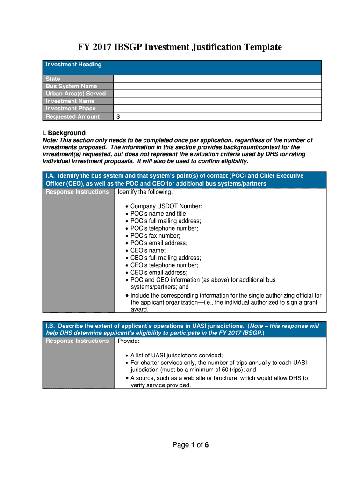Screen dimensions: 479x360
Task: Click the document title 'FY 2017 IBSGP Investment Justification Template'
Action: [180, 47]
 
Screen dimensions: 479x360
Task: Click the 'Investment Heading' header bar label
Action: [73, 65]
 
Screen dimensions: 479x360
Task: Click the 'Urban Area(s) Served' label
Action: [76, 94]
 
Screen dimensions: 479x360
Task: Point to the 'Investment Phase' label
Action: [71, 109]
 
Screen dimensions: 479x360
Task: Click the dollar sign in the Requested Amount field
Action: [118, 116]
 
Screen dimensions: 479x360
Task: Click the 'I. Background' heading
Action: [64, 133]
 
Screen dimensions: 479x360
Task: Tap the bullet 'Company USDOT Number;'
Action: [166, 206]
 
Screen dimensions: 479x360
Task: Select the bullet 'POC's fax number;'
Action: [155, 236]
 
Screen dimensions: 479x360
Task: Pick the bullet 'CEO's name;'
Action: [148, 250]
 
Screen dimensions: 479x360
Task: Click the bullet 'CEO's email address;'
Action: [158, 272]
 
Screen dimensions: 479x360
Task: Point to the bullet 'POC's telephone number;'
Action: [164, 228]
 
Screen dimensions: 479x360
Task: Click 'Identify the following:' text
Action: [145, 192]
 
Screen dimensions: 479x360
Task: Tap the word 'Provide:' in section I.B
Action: [129, 341]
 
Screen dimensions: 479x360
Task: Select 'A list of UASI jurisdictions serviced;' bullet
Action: [176, 356]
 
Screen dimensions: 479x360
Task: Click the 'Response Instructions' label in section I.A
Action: [77, 192]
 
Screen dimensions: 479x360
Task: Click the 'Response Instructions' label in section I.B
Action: [77, 341]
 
